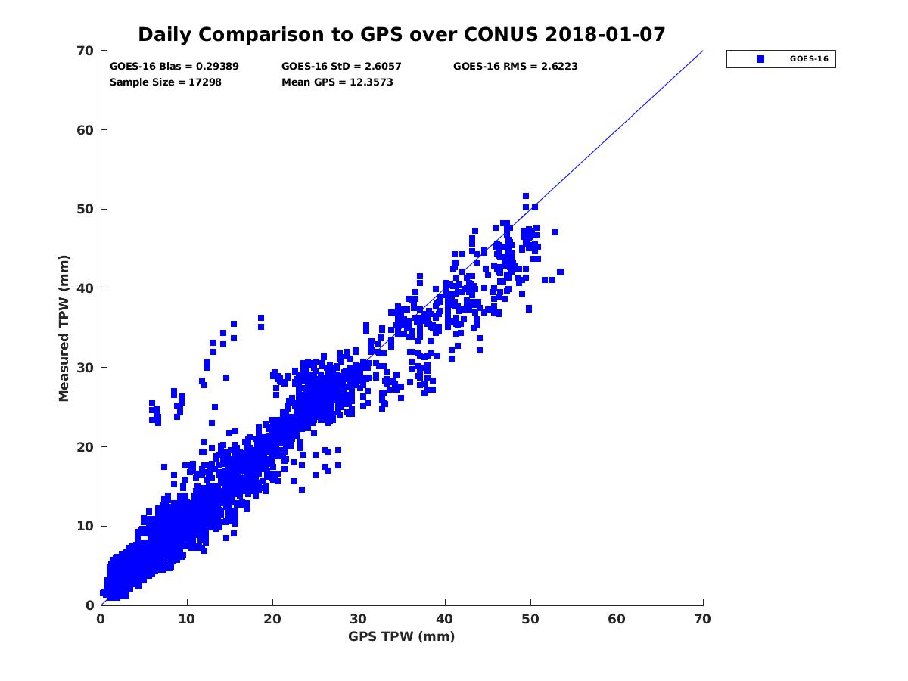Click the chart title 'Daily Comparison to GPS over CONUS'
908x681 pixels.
click(346, 35)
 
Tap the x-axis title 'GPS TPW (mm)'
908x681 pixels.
click(402, 636)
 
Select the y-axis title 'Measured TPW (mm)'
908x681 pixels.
click(64, 327)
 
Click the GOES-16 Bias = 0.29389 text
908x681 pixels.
click(174, 67)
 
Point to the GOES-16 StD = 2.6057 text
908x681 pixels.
click(341, 67)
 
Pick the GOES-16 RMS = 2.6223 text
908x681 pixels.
click(515, 67)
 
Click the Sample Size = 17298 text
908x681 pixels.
click(166, 82)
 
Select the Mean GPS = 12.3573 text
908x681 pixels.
click(337, 82)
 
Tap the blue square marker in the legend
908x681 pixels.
click(760, 59)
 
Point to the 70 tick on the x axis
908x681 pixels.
click(703, 619)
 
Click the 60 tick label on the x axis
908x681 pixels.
click(617, 619)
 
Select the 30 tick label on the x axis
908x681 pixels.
click(359, 619)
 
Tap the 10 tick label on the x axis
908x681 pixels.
click(187, 619)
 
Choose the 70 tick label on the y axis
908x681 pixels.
click(86, 51)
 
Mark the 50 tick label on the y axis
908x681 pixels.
click(86, 209)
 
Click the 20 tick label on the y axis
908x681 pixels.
click(86, 446)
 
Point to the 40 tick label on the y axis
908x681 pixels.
click(86, 288)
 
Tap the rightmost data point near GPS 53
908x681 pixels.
click(561, 272)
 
